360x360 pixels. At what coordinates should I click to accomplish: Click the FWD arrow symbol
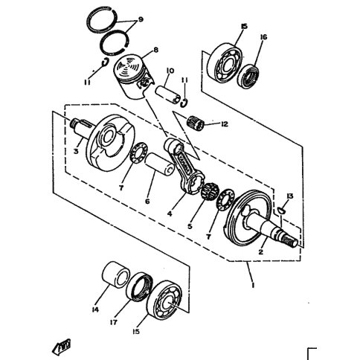[61, 346]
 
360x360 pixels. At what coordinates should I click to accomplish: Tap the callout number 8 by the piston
[155, 50]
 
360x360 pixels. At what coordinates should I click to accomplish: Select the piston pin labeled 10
[168, 95]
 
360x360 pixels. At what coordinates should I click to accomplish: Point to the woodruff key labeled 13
[281, 210]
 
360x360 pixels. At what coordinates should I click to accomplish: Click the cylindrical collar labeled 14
[116, 275]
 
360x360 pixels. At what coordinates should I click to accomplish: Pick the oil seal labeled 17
[139, 287]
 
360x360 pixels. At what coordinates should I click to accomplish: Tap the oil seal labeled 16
[248, 76]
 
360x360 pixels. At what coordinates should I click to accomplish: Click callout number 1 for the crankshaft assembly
[253, 285]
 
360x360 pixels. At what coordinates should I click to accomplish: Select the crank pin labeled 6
[159, 164]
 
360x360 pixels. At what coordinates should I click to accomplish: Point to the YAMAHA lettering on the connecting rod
[184, 166]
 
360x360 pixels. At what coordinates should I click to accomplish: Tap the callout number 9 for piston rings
[141, 19]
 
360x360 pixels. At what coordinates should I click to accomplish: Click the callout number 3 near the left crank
[76, 151]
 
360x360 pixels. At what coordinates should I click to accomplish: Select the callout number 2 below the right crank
[260, 252]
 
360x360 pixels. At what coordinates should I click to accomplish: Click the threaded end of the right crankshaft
[291, 241]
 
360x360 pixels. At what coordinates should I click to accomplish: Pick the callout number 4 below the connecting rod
[170, 213]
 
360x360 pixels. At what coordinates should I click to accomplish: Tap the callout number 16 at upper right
[264, 37]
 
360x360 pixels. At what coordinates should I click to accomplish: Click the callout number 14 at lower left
[95, 309]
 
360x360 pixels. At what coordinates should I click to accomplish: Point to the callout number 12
[224, 123]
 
